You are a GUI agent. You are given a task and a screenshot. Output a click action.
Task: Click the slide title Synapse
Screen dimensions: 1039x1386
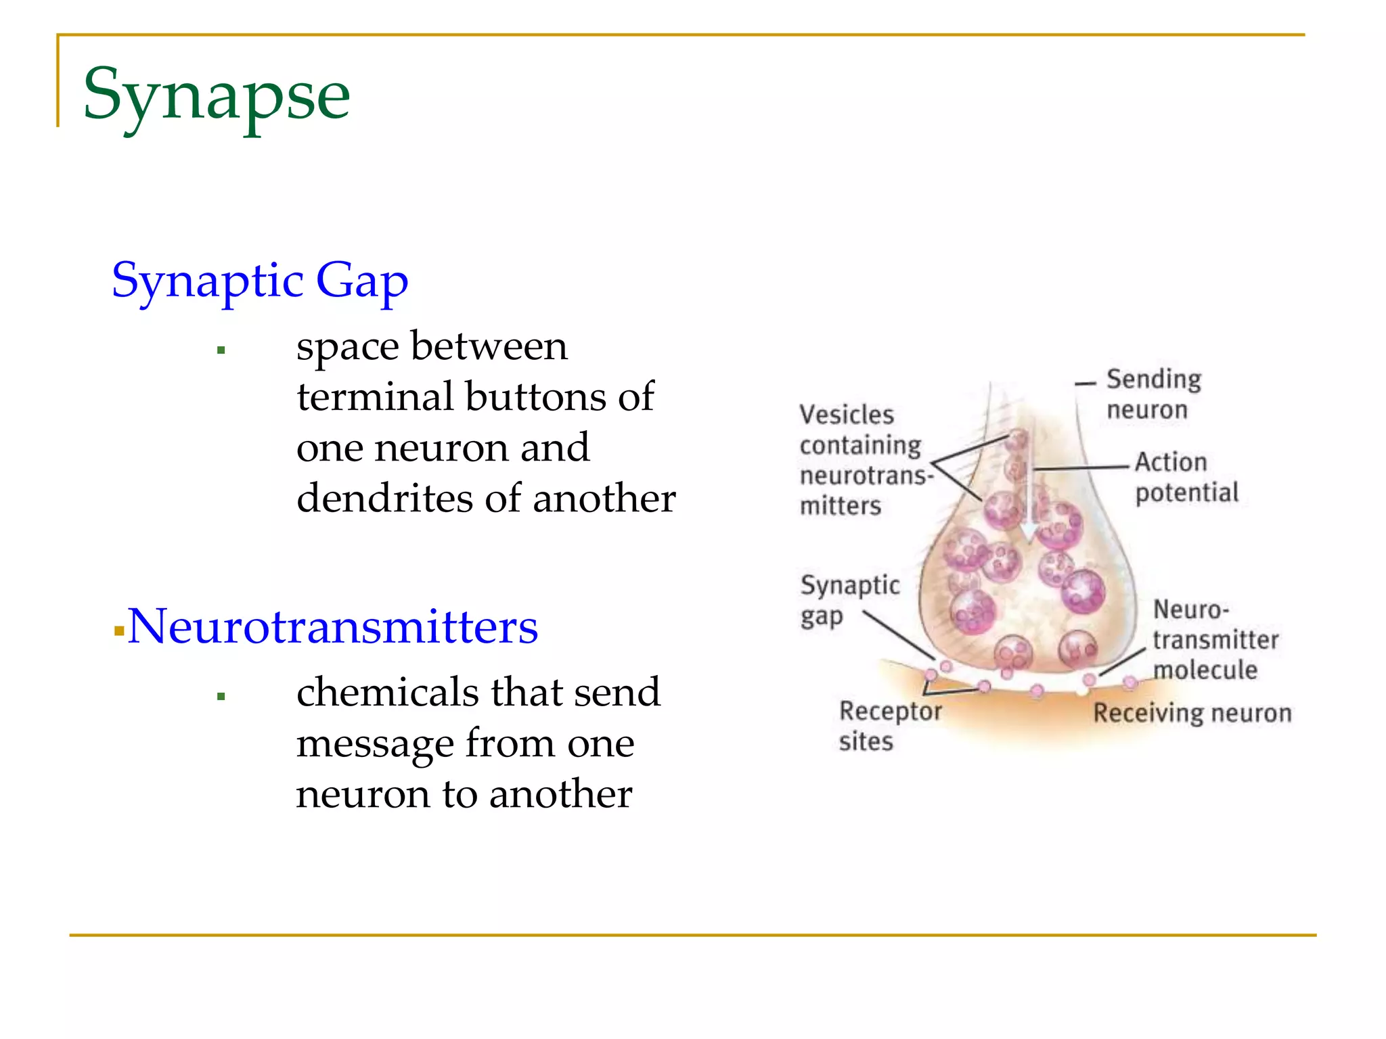pyautogui.click(x=217, y=95)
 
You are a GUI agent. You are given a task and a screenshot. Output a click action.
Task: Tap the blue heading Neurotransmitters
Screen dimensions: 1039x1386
pyautogui.click(x=332, y=626)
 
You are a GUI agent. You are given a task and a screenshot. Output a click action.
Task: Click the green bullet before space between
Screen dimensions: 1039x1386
pyautogui.click(x=221, y=350)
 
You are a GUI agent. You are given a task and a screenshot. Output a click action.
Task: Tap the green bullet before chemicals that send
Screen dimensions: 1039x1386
pyautogui.click(x=221, y=696)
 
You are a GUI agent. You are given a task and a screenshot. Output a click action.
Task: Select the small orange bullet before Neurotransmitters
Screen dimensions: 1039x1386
pyautogui.click(x=119, y=631)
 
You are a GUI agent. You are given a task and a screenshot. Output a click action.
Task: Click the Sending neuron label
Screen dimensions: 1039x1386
pyautogui.click(x=1153, y=394)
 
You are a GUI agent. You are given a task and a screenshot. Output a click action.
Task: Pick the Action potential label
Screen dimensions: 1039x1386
pyautogui.click(x=1186, y=477)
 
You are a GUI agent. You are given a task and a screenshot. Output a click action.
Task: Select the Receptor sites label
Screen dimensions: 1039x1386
pyautogui.click(x=889, y=725)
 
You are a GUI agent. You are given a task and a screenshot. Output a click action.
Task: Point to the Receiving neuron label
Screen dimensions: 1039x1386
pyautogui.click(x=1192, y=713)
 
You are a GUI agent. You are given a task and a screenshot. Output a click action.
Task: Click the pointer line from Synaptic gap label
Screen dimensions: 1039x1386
pyautogui.click(x=898, y=635)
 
